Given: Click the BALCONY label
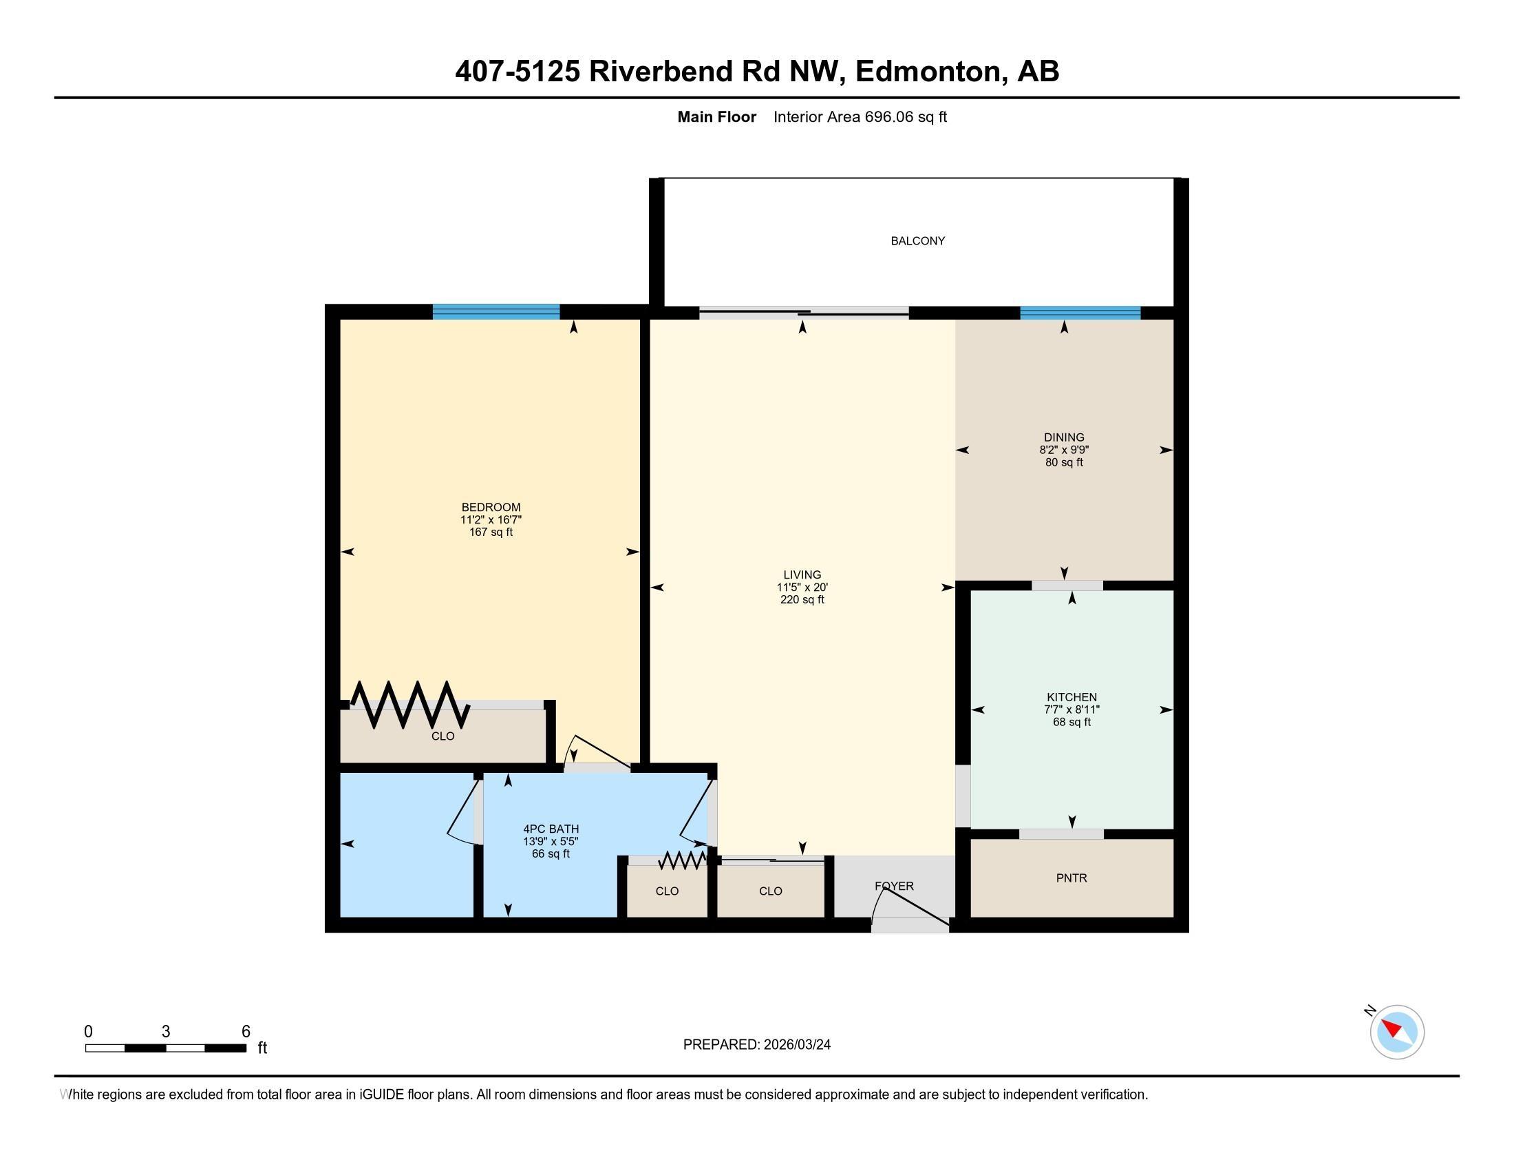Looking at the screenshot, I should pos(917,240).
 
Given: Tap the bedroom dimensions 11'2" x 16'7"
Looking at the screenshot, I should pos(491,519).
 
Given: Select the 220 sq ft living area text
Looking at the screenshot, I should pos(802,599).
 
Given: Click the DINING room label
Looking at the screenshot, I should pos(1063,437).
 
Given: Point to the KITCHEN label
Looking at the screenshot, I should pos(1071,697).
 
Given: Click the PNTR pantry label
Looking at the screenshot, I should pos(1071,878).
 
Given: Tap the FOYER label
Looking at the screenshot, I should pos(893,886).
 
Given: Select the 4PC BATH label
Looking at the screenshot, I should pos(551,828).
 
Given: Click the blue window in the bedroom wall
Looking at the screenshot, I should pos(495,311).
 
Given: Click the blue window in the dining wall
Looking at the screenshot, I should pos(1079,312).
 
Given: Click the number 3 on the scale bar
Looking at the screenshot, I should pos(166,1032).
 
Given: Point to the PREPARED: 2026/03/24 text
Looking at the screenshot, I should pos(756,1044).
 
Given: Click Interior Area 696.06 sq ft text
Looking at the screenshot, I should pos(860,116).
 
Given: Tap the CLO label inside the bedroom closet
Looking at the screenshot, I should pos(443,736).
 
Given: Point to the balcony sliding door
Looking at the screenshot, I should pos(803,313).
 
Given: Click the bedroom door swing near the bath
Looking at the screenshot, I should pos(596,752).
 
